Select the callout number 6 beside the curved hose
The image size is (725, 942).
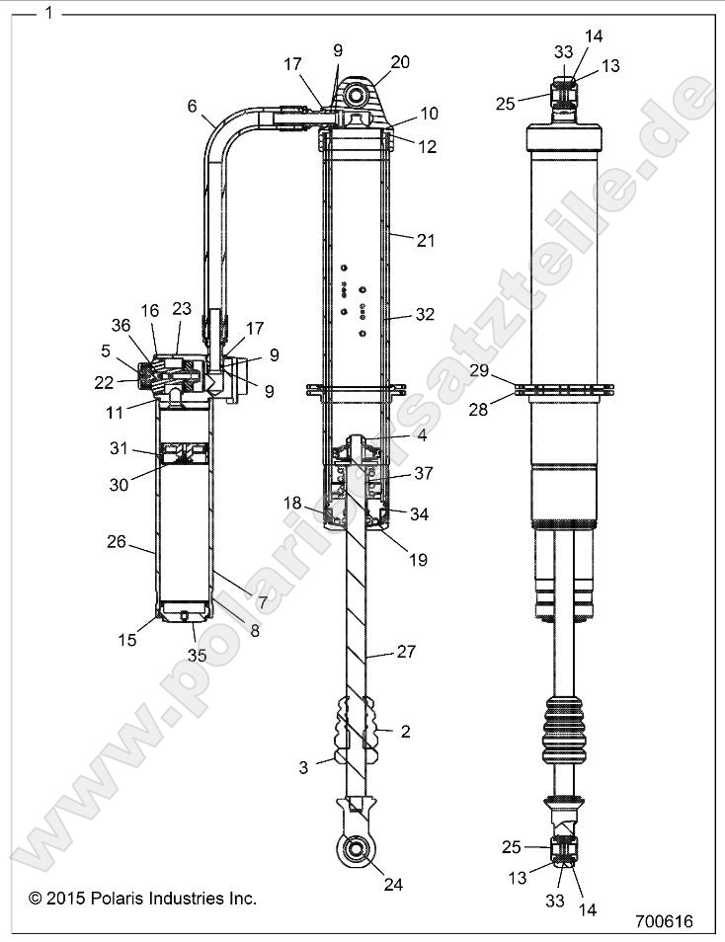192,104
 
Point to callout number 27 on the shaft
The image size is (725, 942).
406,652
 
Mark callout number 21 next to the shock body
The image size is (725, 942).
425,240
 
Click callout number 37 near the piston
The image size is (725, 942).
423,475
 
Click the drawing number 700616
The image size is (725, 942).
665,921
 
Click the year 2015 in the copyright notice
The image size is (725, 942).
66,898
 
